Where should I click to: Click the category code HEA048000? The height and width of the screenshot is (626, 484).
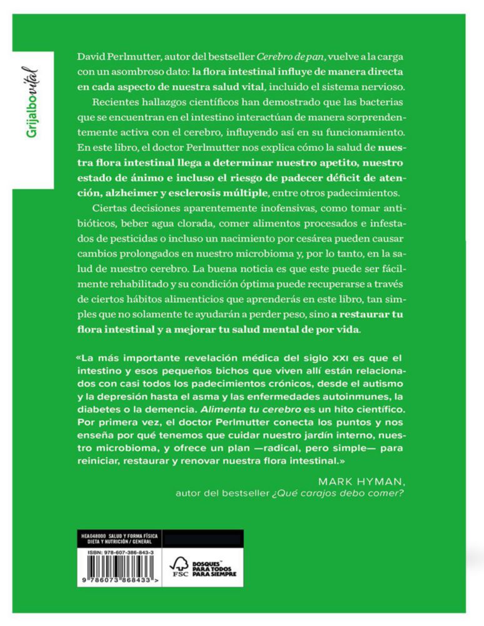(88, 536)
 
